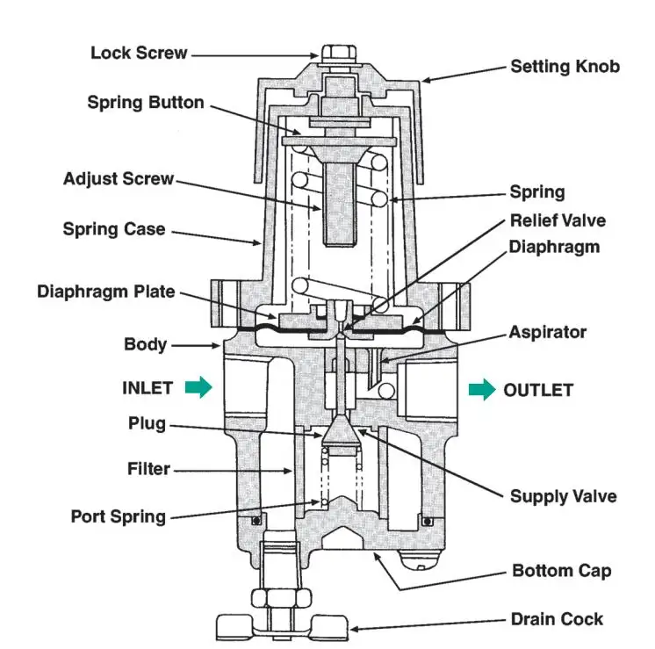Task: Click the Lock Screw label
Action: click(139, 54)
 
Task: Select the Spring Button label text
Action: click(146, 103)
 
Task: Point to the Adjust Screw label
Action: click(119, 179)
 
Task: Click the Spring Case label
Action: click(113, 229)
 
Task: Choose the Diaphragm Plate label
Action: click(105, 292)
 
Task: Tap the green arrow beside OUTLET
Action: click(482, 390)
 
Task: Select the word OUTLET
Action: click(538, 390)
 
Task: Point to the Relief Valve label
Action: click(558, 220)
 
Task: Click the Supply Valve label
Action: click(563, 496)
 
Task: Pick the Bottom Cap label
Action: click(561, 571)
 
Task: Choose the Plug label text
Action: click(147, 424)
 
